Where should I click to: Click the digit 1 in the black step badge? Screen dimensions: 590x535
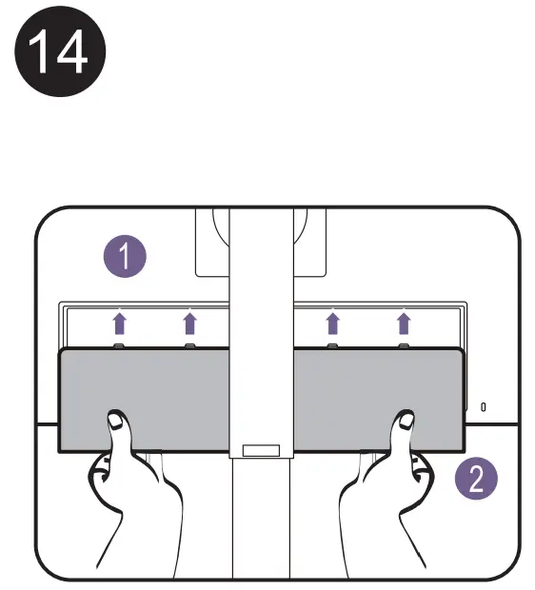coord(43,55)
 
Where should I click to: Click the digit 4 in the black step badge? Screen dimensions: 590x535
coord(72,55)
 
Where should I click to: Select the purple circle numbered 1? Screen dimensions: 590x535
coord(125,256)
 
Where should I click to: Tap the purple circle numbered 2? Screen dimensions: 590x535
coord(476,475)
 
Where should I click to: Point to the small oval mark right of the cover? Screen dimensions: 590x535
coord(483,406)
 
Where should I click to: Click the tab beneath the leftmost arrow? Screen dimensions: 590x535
coord(118,345)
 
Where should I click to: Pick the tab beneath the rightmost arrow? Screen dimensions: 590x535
coord(404,345)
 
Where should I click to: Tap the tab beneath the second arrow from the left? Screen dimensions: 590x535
coord(189,345)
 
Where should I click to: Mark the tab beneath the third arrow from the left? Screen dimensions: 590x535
coord(332,345)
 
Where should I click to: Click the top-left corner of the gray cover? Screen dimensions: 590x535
coord(62,351)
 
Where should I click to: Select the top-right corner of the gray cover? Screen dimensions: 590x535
coord(463,351)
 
